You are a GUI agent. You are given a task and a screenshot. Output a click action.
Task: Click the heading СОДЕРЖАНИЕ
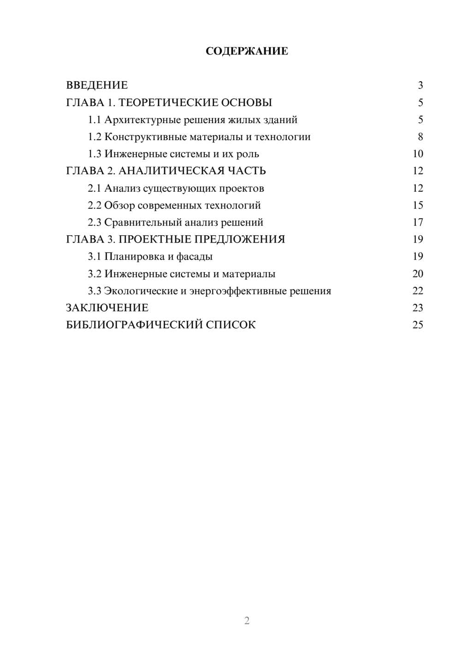[247, 51]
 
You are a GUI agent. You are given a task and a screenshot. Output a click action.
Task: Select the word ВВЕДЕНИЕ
[97, 85]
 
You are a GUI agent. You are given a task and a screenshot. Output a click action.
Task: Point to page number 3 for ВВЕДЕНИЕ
[420, 85]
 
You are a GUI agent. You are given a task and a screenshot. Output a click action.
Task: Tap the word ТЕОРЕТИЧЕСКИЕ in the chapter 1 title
[168, 102]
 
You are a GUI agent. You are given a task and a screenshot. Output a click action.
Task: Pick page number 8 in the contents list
[420, 137]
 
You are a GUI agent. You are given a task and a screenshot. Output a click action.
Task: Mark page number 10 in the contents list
[418, 154]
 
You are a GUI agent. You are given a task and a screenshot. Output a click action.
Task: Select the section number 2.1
[95, 188]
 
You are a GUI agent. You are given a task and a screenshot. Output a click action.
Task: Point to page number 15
[418, 205]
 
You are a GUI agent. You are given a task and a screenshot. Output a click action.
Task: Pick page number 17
[418, 222]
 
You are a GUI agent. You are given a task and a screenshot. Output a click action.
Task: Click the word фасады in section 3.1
[195, 256]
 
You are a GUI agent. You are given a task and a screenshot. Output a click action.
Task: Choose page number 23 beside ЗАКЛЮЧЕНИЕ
[418, 308]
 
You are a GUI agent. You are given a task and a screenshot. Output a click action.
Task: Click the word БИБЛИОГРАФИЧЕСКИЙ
[134, 325]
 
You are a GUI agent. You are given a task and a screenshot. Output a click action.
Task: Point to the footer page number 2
[247, 621]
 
